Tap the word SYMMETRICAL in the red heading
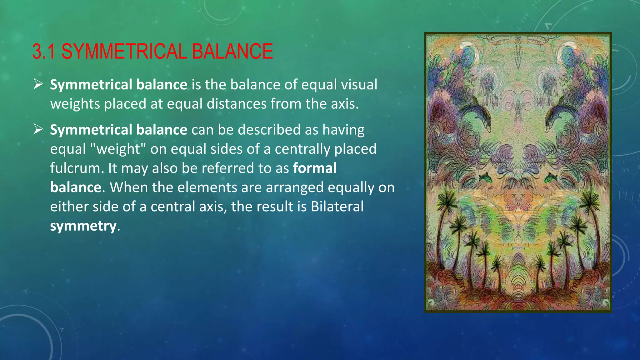click(124, 52)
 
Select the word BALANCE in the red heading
click(232, 52)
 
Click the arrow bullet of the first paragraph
click(38, 84)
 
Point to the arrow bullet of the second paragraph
click(38, 129)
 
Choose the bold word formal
click(315, 168)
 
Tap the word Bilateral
click(337, 207)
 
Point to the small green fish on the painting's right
click(550, 178)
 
